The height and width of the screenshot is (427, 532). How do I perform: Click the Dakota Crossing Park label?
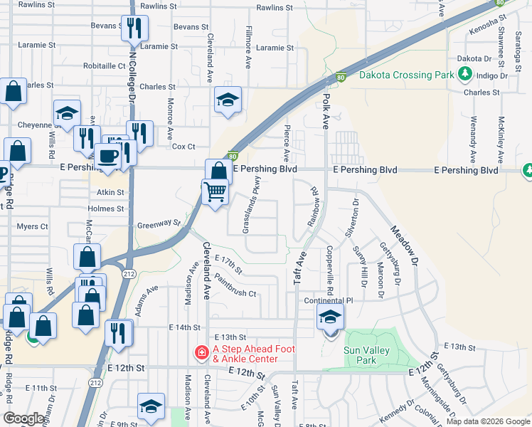406,75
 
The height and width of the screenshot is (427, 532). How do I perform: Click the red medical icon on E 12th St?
201,352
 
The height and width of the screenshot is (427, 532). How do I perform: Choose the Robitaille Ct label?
105,65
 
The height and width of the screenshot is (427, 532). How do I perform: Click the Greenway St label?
159,223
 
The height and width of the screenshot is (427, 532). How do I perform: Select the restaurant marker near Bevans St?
134,28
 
